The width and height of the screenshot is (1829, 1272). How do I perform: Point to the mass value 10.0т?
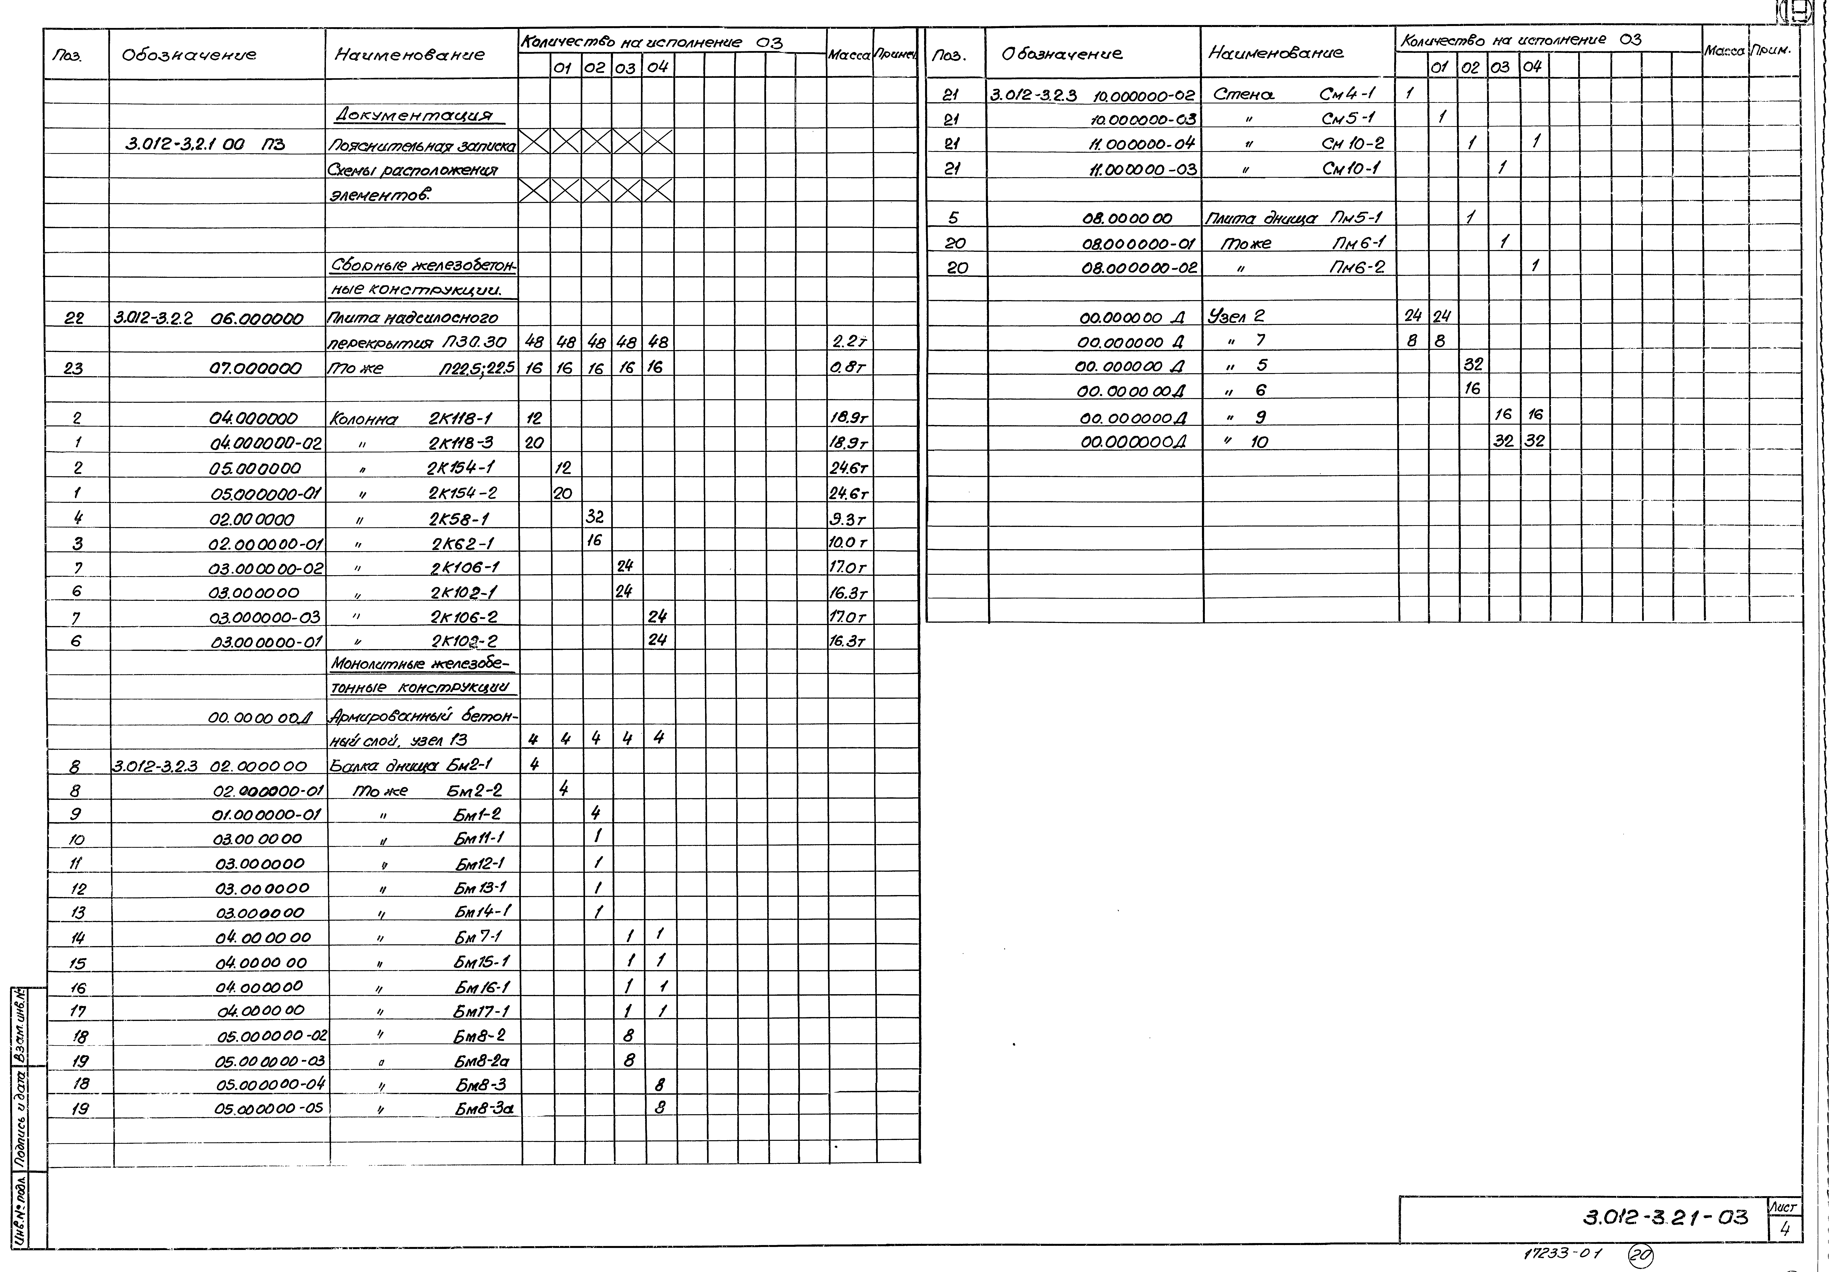pos(848,542)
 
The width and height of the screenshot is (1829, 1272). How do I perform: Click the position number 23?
pos(73,368)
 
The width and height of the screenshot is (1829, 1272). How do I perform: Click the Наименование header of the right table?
pos(1275,53)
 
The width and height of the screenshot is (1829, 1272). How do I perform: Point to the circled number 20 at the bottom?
pos(1640,1256)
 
